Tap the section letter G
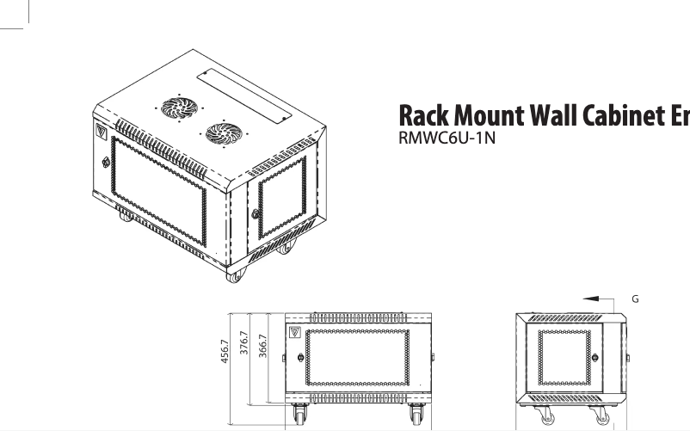pyautogui.click(x=635, y=299)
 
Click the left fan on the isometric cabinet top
pyautogui.click(x=180, y=107)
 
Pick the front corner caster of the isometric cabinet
pyautogui.click(x=233, y=276)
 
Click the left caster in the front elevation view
pyautogui.click(x=300, y=416)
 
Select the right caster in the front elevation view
pyautogui.click(x=418, y=416)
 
